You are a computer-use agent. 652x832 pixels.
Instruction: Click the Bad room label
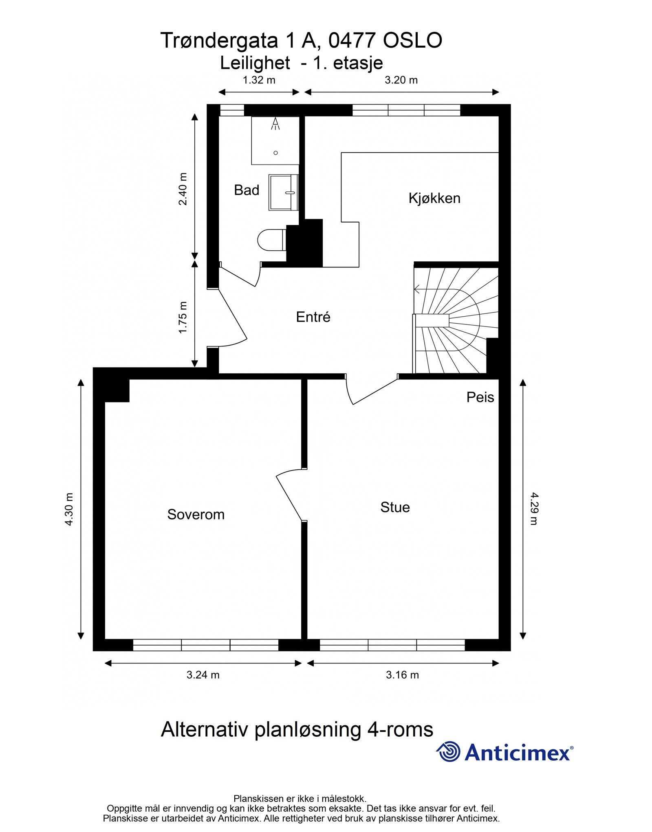pos(246,190)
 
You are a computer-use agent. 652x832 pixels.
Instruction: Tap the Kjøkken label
pos(434,198)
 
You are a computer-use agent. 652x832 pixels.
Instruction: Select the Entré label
pos(313,317)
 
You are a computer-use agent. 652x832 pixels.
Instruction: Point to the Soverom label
pos(196,514)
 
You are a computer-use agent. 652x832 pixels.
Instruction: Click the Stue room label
pos(394,507)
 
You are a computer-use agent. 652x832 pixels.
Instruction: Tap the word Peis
pos(480,397)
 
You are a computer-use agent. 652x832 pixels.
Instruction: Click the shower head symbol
pos(275,123)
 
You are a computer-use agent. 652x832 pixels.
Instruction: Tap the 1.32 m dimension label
pos(259,80)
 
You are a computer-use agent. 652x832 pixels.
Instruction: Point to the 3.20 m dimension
pos(401,80)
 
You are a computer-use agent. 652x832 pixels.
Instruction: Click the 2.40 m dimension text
pos(183,189)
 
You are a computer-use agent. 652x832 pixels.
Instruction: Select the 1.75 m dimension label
pos(183,317)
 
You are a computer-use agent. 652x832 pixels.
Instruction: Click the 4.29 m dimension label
pos(534,509)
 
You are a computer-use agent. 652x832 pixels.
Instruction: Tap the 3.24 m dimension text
pos(203,675)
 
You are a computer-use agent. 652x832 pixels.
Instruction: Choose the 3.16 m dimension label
pos(402,675)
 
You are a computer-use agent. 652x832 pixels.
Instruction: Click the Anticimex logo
pos(504,752)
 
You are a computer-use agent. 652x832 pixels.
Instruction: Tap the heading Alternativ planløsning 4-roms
pos(297,729)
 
